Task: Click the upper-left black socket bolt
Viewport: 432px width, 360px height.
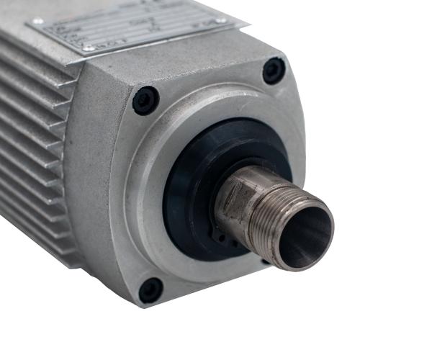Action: pyautogui.click(x=145, y=99)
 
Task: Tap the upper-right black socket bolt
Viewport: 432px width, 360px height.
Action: pyautogui.click(x=274, y=70)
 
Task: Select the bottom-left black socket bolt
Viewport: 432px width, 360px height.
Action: pyautogui.click(x=150, y=289)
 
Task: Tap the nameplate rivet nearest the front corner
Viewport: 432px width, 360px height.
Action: pyautogui.click(x=87, y=48)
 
